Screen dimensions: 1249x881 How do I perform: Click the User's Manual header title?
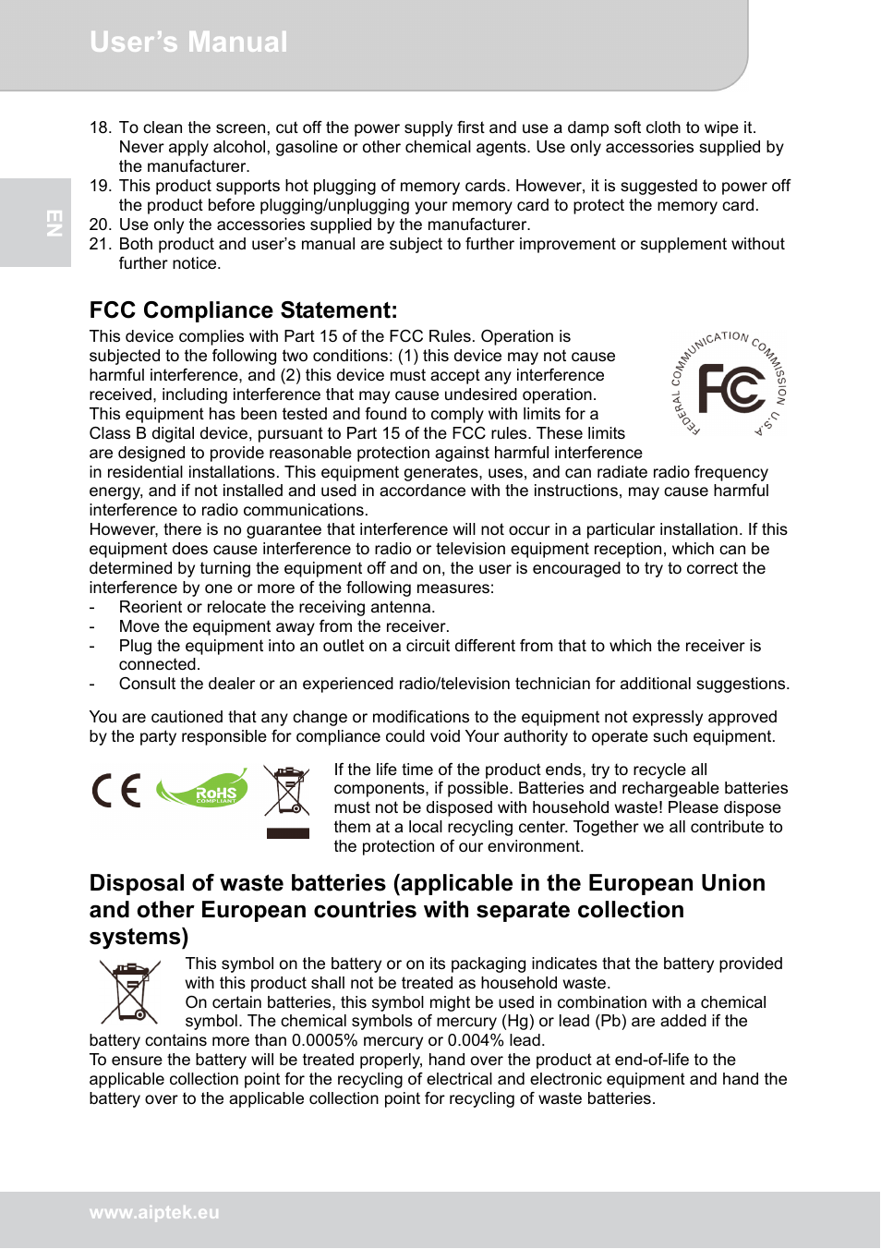click(188, 42)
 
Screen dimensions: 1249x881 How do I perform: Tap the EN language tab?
click(54, 223)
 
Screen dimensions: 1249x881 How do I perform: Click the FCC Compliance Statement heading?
click(243, 310)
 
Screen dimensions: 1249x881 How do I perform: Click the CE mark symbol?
click(116, 792)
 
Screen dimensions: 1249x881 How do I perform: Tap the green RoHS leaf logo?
click(203, 788)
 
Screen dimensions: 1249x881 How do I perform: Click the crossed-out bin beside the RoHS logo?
click(287, 791)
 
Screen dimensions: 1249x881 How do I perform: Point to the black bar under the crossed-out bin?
click(287, 833)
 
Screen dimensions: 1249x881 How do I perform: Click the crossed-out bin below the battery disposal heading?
click(130, 992)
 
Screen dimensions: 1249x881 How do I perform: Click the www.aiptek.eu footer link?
click(154, 1213)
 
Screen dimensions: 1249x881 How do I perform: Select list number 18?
click(100, 128)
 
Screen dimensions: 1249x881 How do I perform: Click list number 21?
click(100, 245)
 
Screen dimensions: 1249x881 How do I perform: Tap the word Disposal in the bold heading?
click(137, 884)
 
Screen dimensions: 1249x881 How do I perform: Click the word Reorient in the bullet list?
click(151, 608)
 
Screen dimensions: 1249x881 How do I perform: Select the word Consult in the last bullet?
click(147, 685)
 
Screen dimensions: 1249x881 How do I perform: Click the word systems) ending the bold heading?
click(139, 938)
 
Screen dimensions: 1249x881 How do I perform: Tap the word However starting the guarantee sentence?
click(122, 530)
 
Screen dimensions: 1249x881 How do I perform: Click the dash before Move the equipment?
click(92, 627)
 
